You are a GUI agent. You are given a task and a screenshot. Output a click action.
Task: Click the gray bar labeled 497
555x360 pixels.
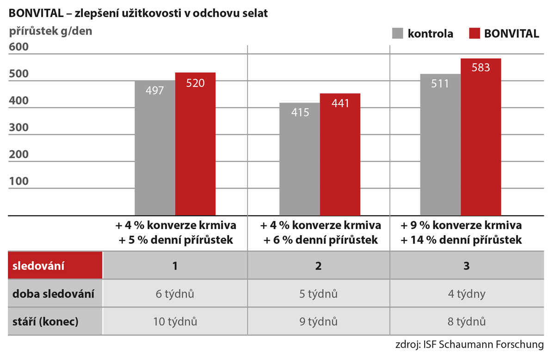[155, 148]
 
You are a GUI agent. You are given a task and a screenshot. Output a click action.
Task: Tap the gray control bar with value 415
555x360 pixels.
[300, 159]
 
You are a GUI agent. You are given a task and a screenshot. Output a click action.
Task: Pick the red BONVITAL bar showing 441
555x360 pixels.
[340, 154]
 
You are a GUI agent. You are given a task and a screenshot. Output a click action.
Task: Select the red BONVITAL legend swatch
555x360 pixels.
[474, 34]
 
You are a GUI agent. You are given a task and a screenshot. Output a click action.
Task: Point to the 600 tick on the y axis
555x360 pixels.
[18, 47]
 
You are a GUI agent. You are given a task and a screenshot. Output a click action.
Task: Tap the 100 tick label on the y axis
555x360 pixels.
[18, 181]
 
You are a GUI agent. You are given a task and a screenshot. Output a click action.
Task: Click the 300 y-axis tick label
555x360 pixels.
[18, 128]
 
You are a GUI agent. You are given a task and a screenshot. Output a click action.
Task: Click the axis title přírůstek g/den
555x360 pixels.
[51, 31]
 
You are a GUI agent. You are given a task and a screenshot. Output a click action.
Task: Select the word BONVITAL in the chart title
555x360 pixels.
[32, 13]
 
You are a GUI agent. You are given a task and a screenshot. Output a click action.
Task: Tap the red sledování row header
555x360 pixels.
[55, 266]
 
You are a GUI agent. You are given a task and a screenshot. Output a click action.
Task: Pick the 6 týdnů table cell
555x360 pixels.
[175, 294]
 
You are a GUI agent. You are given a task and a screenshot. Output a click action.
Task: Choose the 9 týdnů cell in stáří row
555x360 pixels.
[318, 322]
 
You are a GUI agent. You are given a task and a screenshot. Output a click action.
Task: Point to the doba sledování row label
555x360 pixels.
[54, 294]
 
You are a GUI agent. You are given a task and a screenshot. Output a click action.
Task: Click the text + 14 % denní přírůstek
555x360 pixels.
[461, 240]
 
